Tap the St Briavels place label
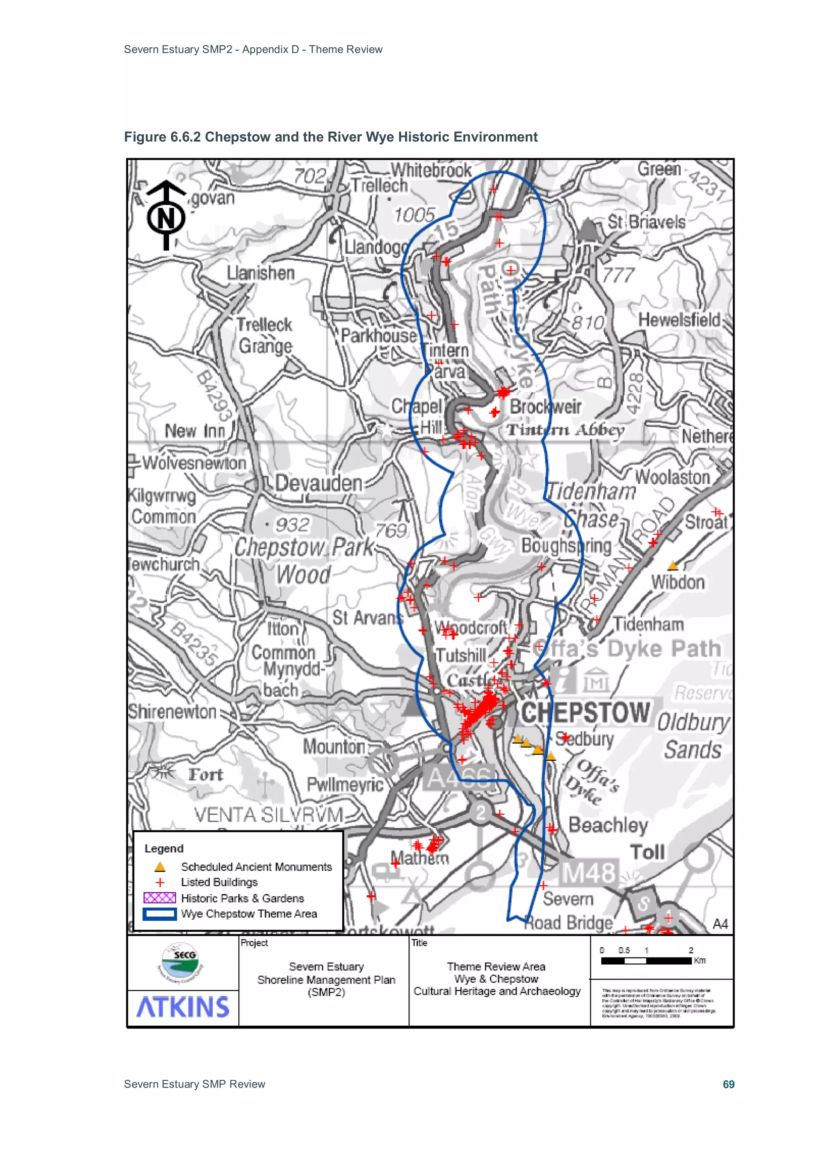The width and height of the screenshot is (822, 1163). [x=646, y=222]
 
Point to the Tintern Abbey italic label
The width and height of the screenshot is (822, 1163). [x=566, y=430]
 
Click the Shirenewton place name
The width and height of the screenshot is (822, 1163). [x=172, y=712]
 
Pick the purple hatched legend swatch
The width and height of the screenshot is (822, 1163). [x=159, y=898]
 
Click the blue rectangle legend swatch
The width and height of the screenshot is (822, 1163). [x=159, y=914]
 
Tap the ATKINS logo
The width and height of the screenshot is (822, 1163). [x=183, y=1007]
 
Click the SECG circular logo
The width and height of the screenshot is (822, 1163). [x=181, y=962]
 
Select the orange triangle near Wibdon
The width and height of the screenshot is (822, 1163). [x=673, y=565]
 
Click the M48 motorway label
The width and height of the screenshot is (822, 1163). [x=590, y=873]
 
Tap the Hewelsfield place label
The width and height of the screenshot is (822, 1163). [x=679, y=320]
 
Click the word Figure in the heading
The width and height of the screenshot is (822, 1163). [x=145, y=137]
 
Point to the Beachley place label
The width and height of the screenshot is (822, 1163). [x=608, y=825]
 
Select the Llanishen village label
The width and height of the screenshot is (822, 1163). [x=260, y=273]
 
